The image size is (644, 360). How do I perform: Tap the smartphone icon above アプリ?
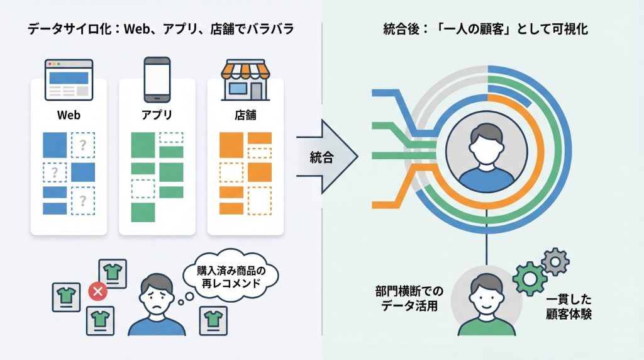pos(157,79)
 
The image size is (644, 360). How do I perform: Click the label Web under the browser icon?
pos(69,116)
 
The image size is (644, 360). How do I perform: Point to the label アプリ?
pos(157,116)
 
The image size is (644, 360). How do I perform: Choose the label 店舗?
pos(245,116)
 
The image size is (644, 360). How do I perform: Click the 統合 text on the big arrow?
pos(322,157)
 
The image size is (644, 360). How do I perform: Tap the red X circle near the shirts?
pos(97,291)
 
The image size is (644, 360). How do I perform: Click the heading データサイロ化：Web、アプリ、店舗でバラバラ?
pos(161,29)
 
